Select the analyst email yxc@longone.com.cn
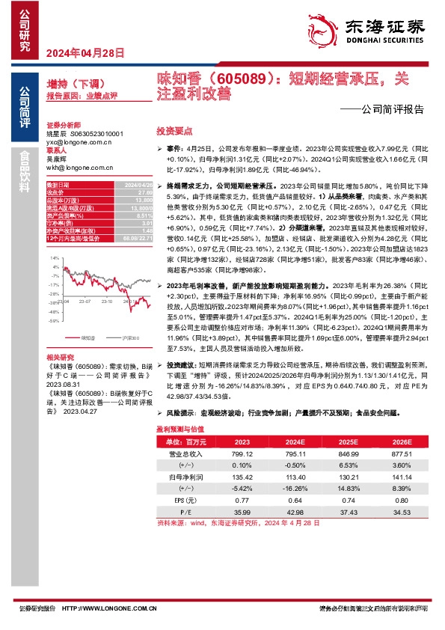tap(79, 141)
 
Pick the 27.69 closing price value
tap(142, 192)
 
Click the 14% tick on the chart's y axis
tap(55, 257)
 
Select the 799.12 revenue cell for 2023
tap(242, 453)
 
